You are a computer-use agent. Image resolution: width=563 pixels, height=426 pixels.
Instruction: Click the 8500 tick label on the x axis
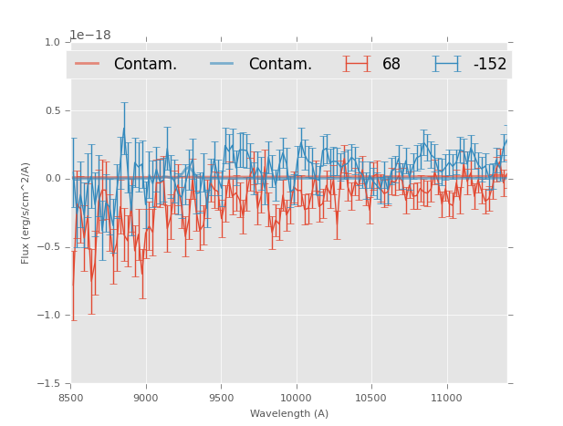(x=71, y=397)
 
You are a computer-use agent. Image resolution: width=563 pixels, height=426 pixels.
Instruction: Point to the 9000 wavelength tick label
(x=146, y=397)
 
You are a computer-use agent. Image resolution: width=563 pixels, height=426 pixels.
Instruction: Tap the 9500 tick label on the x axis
(x=221, y=397)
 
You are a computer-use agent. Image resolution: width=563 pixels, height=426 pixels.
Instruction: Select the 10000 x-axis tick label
(x=296, y=397)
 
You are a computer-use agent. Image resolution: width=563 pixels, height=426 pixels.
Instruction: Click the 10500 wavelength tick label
(x=370, y=397)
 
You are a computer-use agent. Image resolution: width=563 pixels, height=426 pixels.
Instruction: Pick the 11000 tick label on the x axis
(x=445, y=397)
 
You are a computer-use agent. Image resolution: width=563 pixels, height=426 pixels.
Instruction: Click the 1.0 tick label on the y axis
(x=53, y=42)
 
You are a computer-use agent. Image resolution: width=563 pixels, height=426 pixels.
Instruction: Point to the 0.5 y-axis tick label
(x=53, y=110)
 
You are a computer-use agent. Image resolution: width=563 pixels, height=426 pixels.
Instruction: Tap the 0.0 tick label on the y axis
(x=53, y=179)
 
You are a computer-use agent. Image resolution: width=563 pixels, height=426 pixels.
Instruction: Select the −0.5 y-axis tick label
(x=51, y=247)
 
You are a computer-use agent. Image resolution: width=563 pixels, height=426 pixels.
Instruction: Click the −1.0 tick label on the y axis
(x=51, y=316)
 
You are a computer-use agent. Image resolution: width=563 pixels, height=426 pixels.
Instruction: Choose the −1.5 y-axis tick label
(x=51, y=384)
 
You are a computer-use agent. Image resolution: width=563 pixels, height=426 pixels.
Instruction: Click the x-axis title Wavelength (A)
(x=289, y=413)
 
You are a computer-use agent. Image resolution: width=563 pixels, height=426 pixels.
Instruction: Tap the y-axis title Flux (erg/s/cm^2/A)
(x=26, y=213)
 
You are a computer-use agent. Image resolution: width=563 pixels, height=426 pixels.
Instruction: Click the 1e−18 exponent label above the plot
(x=90, y=36)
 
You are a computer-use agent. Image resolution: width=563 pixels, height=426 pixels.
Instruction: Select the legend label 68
(x=391, y=64)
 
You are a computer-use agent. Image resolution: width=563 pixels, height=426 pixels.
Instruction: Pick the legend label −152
(x=489, y=64)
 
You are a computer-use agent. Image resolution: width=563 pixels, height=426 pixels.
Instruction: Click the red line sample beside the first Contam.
(x=89, y=64)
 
